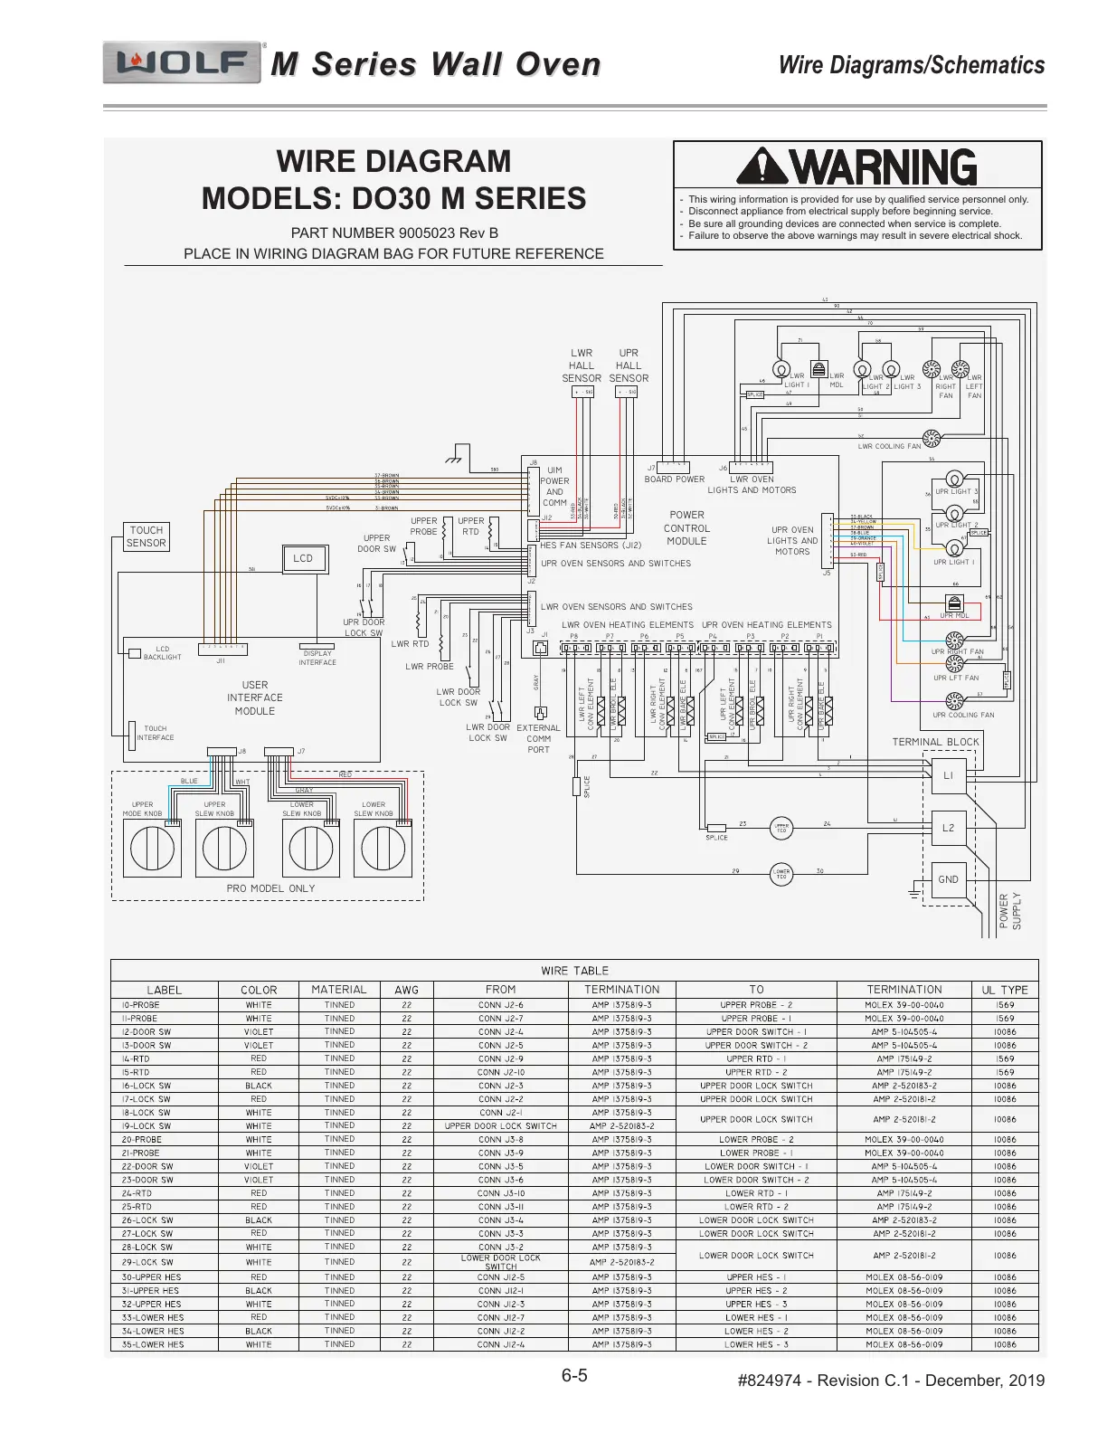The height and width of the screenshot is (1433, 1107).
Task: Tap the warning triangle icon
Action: coord(762,167)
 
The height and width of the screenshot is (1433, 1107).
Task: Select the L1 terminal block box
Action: coord(948,775)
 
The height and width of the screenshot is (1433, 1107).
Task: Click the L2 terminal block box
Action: coord(948,828)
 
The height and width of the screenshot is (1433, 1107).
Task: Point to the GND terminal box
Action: coord(948,879)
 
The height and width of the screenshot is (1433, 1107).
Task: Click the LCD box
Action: coord(303,559)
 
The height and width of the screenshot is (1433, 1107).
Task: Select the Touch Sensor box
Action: coord(147,536)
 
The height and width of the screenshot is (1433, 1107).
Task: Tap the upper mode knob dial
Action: coord(151,849)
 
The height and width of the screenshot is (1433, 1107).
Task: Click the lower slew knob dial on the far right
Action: coord(383,849)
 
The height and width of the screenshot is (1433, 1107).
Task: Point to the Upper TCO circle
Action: coord(781,827)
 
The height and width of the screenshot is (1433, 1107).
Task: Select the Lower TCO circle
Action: coord(781,874)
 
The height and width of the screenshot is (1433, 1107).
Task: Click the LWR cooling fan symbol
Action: coord(932,439)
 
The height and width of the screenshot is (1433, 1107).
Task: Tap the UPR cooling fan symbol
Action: coord(954,701)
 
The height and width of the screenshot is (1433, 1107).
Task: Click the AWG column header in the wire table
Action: coord(407,990)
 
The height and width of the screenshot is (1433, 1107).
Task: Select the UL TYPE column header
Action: coord(1005,990)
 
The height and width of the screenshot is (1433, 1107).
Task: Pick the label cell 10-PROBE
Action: coord(141,1005)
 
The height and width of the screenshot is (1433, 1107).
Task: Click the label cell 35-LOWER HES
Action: coord(153,1344)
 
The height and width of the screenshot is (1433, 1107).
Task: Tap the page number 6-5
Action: coord(574,1376)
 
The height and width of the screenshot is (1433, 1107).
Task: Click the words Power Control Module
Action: coord(686,527)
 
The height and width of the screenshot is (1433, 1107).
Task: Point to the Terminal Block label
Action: coord(935,742)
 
